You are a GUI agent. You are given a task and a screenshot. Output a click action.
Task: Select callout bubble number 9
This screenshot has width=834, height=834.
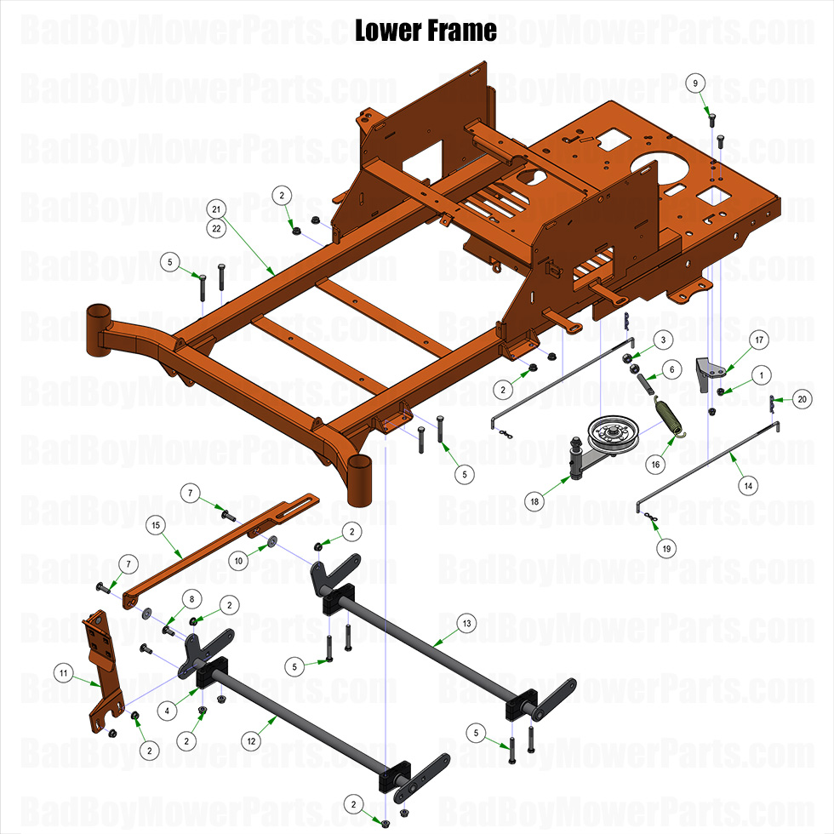(x=696, y=83)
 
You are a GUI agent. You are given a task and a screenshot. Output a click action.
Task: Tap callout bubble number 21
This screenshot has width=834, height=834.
(x=216, y=209)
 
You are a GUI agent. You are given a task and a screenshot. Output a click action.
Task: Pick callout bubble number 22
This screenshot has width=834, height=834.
(x=216, y=227)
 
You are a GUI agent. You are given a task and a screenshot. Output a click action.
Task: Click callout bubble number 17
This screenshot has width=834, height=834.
(x=759, y=340)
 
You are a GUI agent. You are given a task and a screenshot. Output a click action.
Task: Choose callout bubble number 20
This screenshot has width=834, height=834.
(x=801, y=399)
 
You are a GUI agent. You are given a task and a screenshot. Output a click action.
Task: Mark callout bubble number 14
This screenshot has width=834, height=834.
(x=748, y=486)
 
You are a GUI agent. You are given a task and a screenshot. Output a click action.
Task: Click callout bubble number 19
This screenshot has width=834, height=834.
(x=667, y=549)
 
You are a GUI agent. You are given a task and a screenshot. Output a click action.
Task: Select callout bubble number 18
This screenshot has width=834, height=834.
(x=534, y=502)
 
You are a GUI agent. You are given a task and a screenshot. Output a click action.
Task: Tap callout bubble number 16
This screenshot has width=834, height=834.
(x=655, y=465)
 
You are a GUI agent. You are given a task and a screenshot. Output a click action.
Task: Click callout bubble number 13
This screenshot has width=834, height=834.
(x=466, y=622)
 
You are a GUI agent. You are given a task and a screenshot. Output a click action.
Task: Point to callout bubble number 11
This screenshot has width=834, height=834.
(x=63, y=673)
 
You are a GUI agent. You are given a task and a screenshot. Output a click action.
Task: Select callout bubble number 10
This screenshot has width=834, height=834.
(x=239, y=560)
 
